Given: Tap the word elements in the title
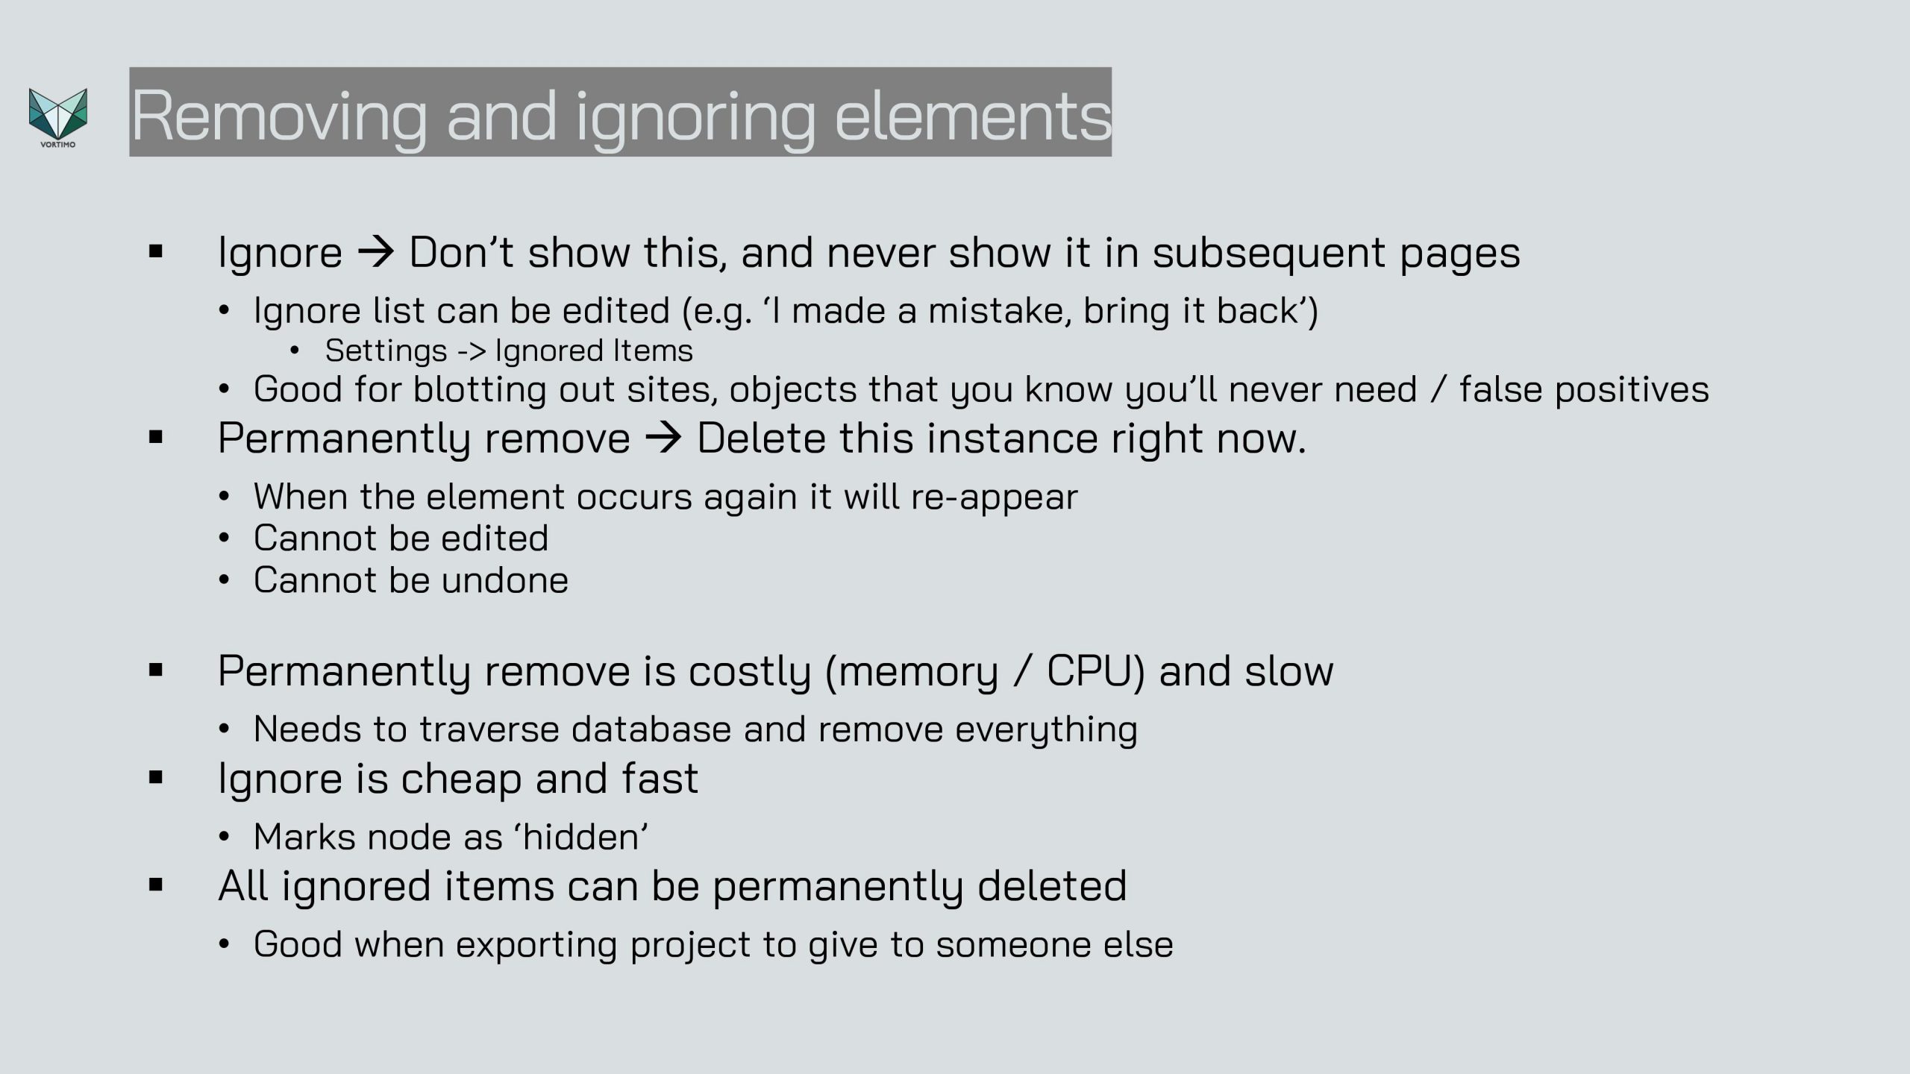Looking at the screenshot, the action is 973,116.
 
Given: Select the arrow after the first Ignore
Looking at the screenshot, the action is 376,252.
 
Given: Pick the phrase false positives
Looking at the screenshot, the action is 1584,389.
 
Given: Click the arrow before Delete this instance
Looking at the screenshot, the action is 663,438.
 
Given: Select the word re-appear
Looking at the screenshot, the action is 995,497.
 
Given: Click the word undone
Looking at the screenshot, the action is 504,580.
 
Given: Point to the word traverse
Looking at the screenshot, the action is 489,729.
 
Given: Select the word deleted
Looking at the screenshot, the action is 1052,886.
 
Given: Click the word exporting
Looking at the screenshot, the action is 536,945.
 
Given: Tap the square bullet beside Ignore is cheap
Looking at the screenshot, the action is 156,778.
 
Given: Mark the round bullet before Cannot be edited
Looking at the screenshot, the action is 224,538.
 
